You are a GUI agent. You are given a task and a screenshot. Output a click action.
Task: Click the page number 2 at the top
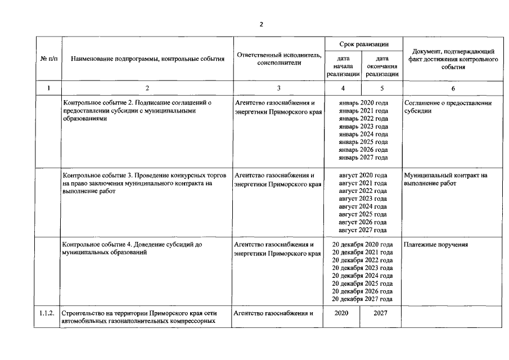261,25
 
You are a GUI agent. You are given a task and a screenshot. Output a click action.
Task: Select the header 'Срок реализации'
363,43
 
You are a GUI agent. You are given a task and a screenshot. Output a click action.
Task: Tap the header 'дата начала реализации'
343,66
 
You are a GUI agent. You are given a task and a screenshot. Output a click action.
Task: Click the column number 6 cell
453,88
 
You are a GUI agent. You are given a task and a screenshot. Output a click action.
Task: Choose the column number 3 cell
278,88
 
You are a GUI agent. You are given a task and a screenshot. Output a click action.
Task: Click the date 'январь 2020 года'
363,103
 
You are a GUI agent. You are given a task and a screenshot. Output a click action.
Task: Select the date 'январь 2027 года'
363,158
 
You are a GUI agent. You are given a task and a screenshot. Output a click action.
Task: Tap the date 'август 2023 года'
363,199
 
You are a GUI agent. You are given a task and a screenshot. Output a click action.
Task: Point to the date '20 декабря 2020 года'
363,245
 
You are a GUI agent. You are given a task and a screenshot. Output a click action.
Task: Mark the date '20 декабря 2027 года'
363,300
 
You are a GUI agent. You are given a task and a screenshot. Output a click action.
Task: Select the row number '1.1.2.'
47,313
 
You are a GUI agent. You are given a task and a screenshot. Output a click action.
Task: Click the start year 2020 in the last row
342,313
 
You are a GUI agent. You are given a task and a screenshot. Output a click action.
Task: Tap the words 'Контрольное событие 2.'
101,103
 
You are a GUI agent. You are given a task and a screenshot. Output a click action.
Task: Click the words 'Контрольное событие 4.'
101,245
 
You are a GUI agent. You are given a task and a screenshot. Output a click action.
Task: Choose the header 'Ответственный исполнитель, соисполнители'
278,58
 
